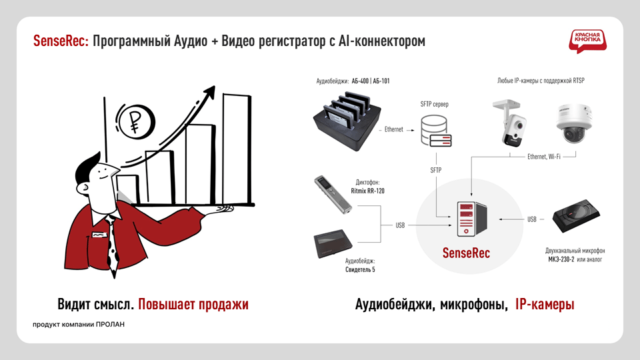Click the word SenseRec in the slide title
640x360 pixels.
(x=61, y=41)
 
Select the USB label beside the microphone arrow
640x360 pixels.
(x=531, y=219)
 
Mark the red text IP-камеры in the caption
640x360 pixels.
(x=545, y=305)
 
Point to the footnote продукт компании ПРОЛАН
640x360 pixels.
(x=79, y=325)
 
